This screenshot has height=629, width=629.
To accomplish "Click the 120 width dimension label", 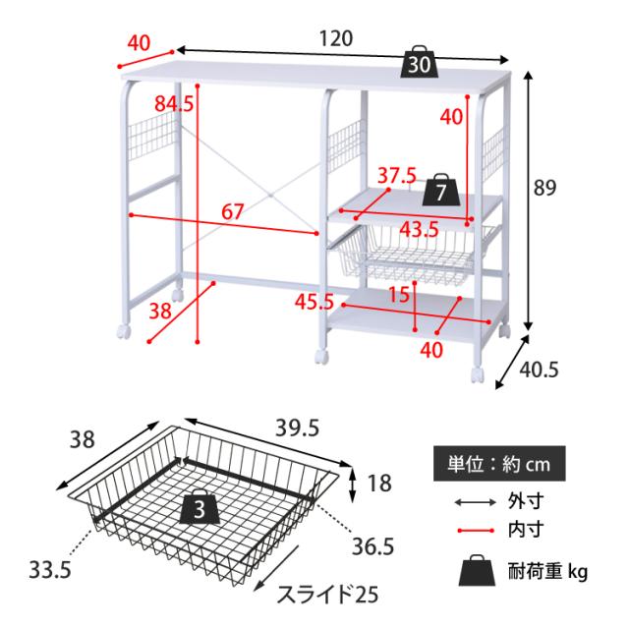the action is (x=336, y=39).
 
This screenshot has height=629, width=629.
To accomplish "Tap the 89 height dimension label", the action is (x=544, y=188).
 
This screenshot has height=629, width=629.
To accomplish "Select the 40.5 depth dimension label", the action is (x=539, y=370).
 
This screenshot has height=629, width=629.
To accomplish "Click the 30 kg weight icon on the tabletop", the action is (x=420, y=62).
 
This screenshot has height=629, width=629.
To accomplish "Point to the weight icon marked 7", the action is (x=441, y=191).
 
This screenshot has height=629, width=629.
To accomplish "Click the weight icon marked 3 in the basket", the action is (x=200, y=507).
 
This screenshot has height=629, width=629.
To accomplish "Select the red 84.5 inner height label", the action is (x=174, y=104).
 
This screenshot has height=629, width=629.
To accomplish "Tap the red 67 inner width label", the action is (x=233, y=211).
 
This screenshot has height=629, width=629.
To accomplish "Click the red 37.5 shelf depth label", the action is (x=397, y=176).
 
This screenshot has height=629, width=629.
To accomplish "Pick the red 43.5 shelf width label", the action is (x=420, y=229).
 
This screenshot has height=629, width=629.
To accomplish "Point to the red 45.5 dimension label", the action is (x=314, y=302).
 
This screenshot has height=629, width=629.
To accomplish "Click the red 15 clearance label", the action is (x=400, y=295).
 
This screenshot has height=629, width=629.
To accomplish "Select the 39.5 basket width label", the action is (x=297, y=429).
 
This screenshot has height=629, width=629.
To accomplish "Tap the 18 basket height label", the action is (x=379, y=484).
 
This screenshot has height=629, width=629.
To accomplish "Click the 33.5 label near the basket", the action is (x=50, y=570).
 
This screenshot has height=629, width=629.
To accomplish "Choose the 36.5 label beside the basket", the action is (x=373, y=546).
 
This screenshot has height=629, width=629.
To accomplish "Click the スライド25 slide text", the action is (x=327, y=595).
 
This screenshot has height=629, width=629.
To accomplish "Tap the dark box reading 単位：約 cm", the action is (x=499, y=464).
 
